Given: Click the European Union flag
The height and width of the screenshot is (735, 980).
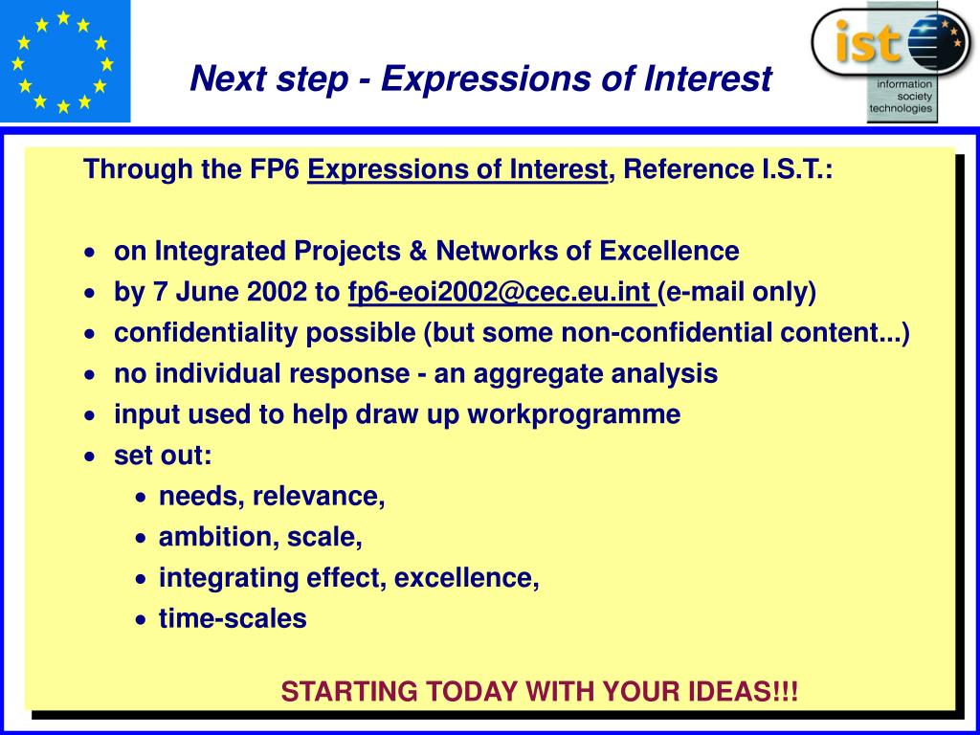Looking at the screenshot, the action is (65, 61).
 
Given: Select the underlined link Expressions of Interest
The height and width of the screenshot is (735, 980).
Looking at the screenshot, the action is (457, 169).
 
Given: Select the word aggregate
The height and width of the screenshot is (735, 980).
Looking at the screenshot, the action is (536, 374).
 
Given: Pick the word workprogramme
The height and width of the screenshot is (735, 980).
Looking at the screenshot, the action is (574, 415).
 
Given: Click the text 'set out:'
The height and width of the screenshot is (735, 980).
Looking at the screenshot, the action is (163, 456).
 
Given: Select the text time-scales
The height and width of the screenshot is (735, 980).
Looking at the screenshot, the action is (233, 619).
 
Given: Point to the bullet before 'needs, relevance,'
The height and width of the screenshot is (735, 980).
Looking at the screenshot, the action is (142, 498).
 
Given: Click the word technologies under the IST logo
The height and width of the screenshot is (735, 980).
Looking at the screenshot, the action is (901, 108).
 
